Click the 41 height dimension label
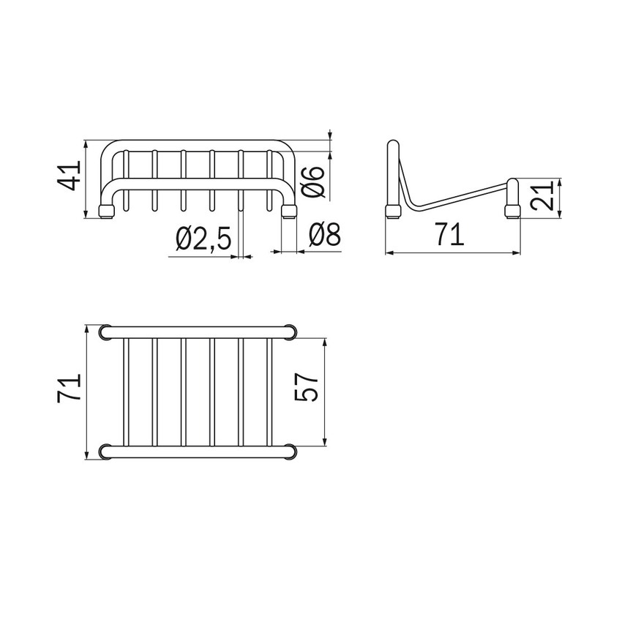[x=69, y=175]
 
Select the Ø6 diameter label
[x=313, y=181]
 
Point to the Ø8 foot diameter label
[x=325, y=234]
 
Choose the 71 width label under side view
[x=449, y=234]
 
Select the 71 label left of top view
[x=69, y=389]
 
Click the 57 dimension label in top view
[x=307, y=388]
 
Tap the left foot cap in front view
[x=105, y=211]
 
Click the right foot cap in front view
[x=289, y=211]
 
